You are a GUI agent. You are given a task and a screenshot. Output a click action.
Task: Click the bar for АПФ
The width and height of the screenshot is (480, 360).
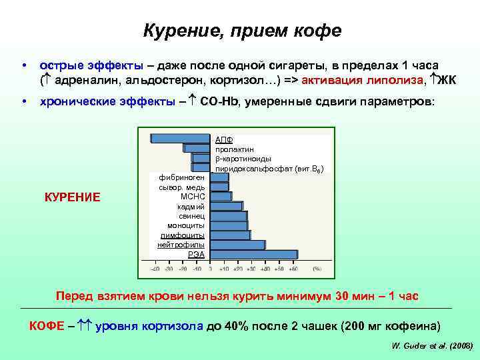tap(180, 139)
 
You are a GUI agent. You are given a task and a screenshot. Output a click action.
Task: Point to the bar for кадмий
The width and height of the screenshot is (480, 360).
tap(227, 207)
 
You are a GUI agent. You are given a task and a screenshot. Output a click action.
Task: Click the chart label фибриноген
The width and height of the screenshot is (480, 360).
tap(177, 178)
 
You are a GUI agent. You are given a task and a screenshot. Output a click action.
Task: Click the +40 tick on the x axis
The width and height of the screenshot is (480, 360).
tap(265, 269)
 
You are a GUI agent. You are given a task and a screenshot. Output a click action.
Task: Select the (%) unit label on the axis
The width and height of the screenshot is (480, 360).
tap(316, 269)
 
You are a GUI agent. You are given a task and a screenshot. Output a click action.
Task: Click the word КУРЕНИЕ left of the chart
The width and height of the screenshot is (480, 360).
tap(72, 197)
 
